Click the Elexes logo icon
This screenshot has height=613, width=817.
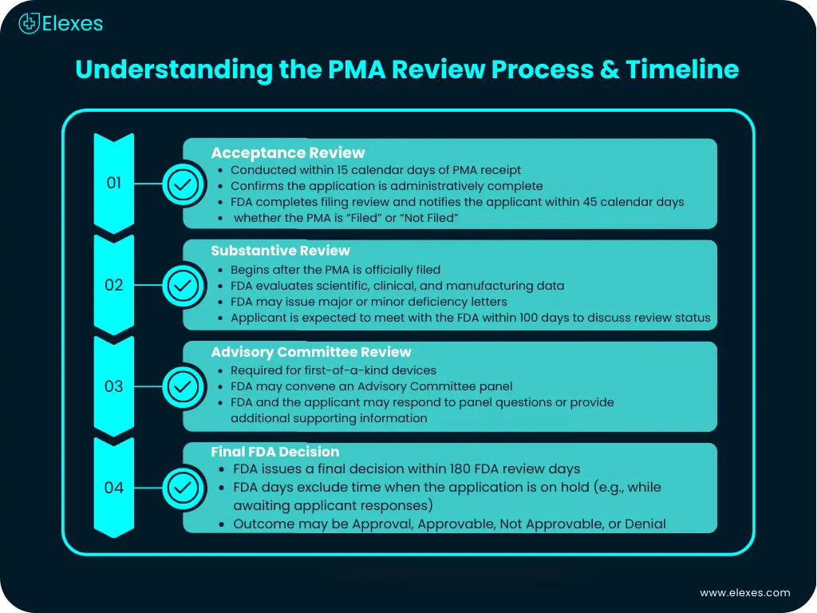point(30,23)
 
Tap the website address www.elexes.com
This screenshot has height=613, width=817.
point(745,592)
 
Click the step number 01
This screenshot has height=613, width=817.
point(114,183)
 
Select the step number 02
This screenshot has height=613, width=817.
point(114,284)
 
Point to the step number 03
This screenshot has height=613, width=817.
point(114,386)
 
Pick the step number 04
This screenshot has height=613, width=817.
point(114,487)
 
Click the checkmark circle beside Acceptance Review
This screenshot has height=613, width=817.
point(183,184)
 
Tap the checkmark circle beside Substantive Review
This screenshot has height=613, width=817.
point(183,285)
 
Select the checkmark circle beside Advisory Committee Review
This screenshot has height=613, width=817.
point(183,386)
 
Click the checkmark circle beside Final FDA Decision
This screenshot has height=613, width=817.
point(183,487)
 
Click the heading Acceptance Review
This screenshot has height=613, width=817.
point(287,152)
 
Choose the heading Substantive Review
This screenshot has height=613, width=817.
point(280,251)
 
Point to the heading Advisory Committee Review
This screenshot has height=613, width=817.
point(311,352)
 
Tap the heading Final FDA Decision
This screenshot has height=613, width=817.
point(274,452)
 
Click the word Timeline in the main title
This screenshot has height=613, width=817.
point(682,69)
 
